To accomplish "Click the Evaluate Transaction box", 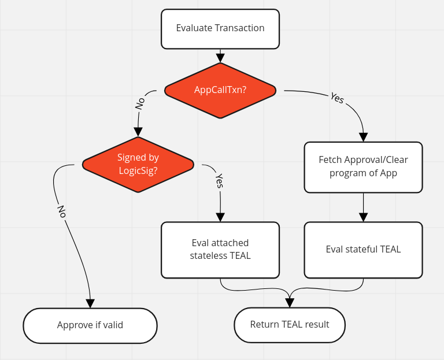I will [220, 28].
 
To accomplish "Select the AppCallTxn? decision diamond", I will [220, 90].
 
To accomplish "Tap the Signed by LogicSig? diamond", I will [138, 164].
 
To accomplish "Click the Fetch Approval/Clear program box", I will [363, 166].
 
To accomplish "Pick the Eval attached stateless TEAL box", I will [220, 250].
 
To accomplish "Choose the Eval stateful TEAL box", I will [363, 250].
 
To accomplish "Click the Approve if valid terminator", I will [90, 325].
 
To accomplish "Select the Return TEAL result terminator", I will [289, 325].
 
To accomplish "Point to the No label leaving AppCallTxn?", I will [140, 103].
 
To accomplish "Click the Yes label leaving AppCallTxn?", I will [337, 98].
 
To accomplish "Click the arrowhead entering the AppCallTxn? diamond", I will [220, 58].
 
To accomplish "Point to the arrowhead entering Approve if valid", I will [90, 303].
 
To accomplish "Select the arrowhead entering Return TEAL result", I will [289, 303].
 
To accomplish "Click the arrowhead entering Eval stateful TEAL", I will [363, 217].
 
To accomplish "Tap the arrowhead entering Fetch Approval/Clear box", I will [363, 137].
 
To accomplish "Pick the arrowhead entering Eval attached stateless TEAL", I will [220, 217].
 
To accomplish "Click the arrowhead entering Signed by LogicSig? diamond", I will [138, 132].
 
